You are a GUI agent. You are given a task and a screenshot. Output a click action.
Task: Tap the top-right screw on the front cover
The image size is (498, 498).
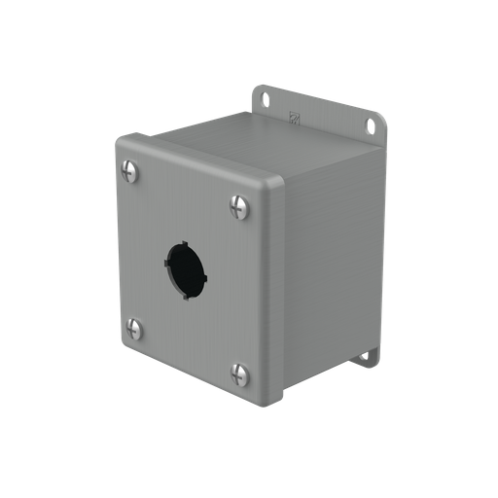(x=238, y=206)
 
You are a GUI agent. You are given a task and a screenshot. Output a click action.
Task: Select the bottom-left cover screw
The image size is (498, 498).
(x=134, y=330)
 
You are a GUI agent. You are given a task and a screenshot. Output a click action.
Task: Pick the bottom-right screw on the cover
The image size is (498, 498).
(x=238, y=373)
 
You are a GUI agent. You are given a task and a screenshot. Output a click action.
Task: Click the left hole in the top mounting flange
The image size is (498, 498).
(x=264, y=99)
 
